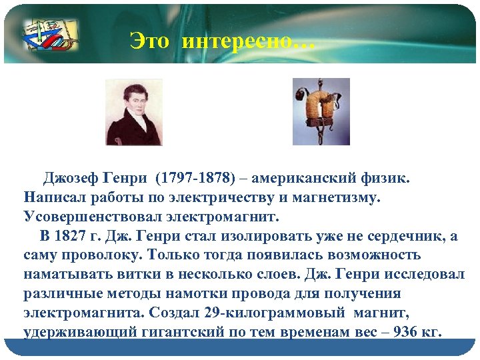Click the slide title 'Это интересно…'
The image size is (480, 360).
click(220, 41)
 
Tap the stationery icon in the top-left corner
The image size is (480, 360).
click(49, 35)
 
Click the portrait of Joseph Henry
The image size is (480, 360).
click(133, 112)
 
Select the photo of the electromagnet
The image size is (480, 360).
click(321, 111)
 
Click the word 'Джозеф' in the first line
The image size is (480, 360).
click(71, 179)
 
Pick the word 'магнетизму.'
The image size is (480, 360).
click(337, 198)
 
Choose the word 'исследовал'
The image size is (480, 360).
click(423, 275)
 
